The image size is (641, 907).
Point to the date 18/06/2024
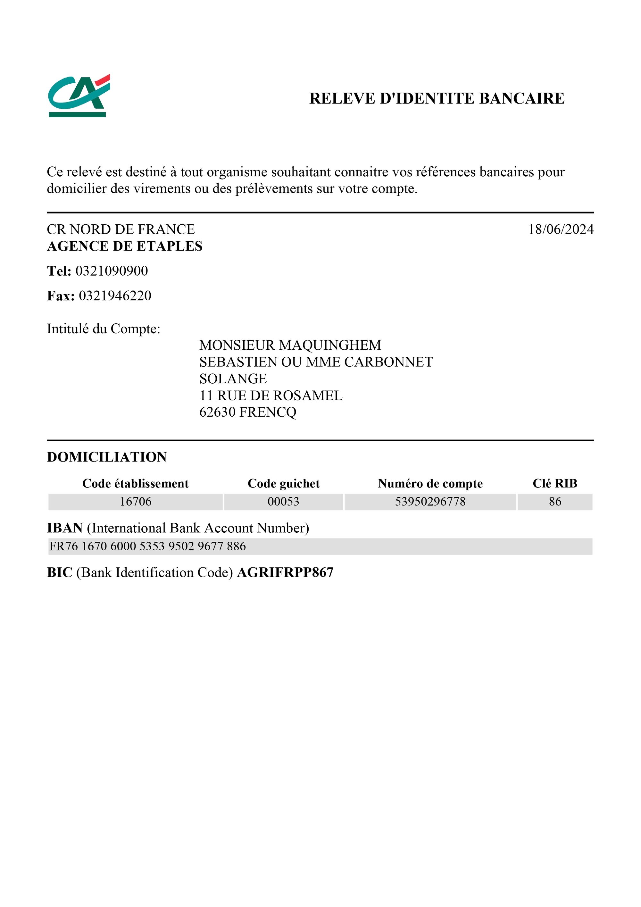point(561,229)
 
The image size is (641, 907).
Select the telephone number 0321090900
point(112,271)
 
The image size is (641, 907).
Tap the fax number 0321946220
point(115,296)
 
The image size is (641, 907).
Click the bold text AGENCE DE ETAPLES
point(124,246)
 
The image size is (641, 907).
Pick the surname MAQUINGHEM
point(330,345)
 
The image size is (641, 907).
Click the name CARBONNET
point(389,362)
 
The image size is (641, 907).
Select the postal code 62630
point(218,412)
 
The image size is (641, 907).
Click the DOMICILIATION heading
point(107,457)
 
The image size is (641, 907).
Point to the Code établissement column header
point(136,484)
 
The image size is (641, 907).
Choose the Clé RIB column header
point(554,484)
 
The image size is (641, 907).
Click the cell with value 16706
point(136,502)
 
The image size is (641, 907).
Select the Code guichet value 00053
point(283,502)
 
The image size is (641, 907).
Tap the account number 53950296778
point(430,502)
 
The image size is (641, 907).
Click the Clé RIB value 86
point(554,502)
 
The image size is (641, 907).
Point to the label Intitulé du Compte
point(104,329)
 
